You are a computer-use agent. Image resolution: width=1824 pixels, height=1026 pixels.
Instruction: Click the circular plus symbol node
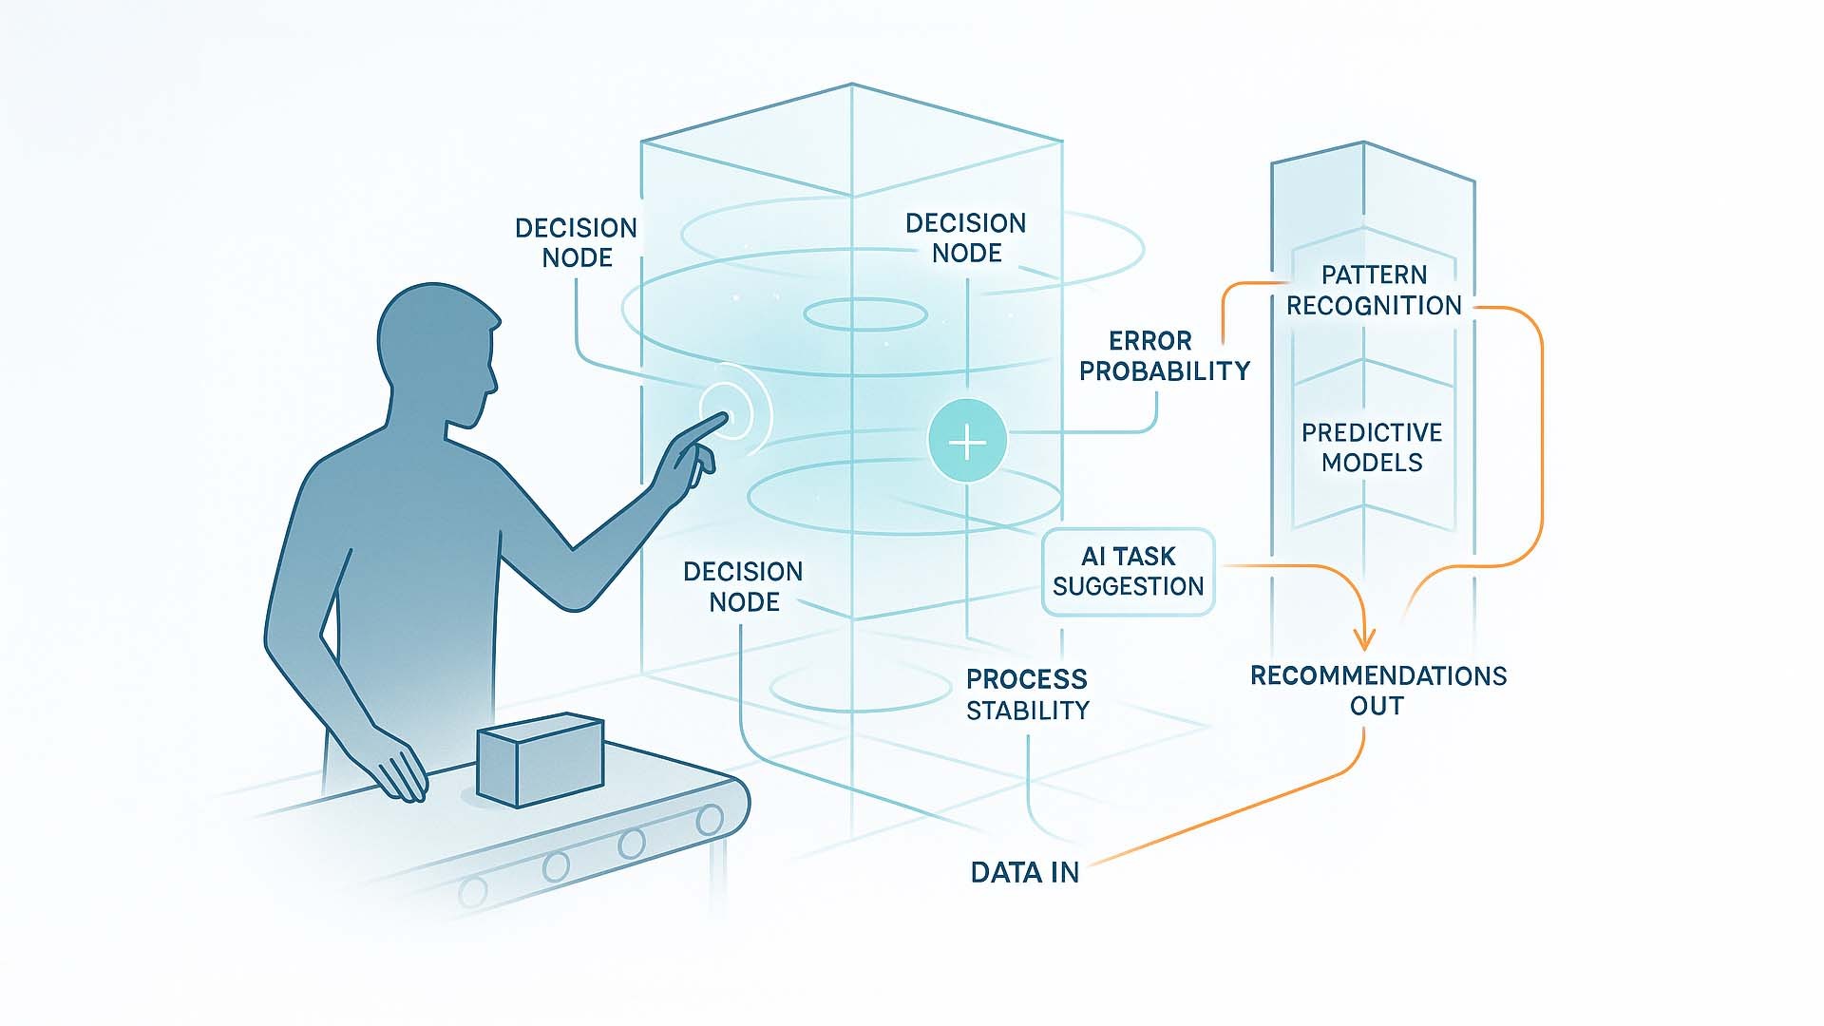tap(967, 442)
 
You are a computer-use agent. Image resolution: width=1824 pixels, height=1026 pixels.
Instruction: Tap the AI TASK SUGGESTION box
tap(1128, 571)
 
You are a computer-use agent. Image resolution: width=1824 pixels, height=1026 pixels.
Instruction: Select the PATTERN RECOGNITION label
tap(1374, 290)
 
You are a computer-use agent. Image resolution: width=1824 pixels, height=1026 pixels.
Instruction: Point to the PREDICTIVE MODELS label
tap(1372, 447)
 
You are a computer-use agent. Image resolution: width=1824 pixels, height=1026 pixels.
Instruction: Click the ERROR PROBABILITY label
tap(1164, 356)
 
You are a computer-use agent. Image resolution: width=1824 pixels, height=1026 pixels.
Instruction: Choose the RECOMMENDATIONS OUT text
tap(1377, 691)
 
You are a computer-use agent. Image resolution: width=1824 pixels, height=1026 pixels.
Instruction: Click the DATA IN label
tap(1024, 872)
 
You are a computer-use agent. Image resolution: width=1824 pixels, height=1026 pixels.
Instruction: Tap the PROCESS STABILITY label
tap(1027, 694)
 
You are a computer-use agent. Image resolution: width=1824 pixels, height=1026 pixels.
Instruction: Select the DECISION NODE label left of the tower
tap(576, 243)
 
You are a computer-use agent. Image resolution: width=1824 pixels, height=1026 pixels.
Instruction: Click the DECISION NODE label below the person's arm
tap(743, 586)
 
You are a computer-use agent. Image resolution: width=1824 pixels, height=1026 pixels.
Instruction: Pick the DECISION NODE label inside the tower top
tap(965, 238)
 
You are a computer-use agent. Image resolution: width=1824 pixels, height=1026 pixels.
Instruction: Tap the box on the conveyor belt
tap(540, 760)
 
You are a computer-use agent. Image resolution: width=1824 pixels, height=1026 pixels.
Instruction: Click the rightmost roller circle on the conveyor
tap(709, 820)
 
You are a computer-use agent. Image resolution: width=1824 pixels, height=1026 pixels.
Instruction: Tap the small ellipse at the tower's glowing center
tap(865, 314)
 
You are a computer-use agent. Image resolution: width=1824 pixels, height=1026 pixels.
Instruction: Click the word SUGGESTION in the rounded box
tap(1128, 586)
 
